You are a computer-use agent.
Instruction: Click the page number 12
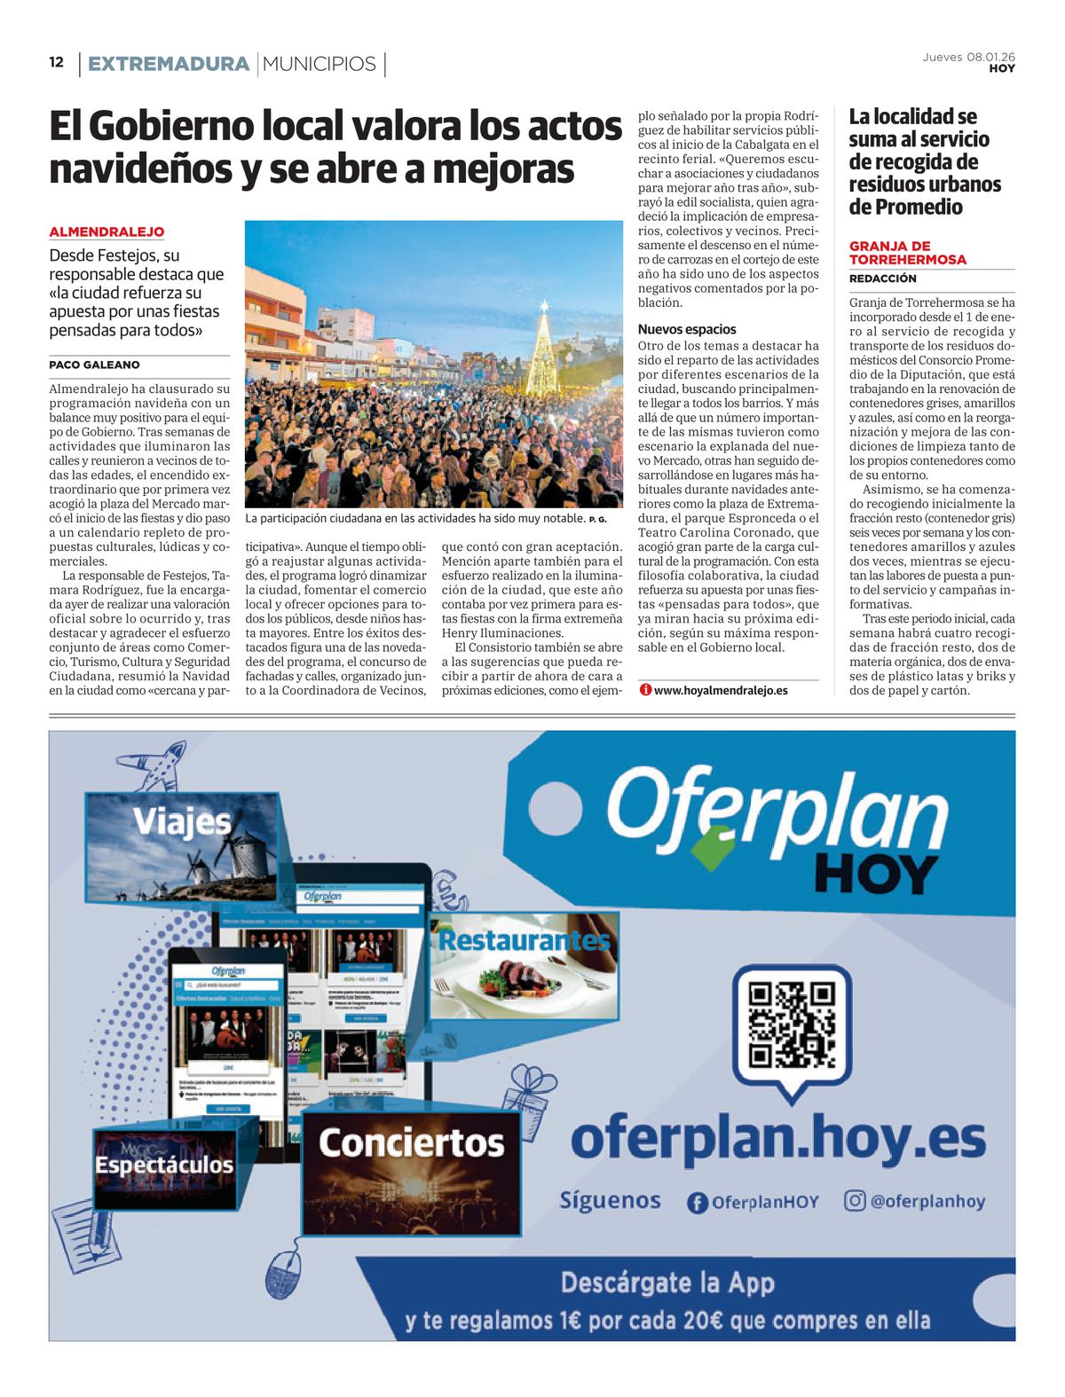[x=57, y=63]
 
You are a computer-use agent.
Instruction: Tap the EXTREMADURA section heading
[x=168, y=64]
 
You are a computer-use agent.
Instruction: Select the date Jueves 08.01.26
[x=969, y=57]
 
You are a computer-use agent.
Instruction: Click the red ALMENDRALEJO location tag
[x=106, y=232]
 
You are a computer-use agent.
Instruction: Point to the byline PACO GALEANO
[x=94, y=365]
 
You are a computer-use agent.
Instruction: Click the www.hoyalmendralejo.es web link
[x=720, y=689]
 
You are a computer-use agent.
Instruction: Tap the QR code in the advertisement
[x=792, y=1024]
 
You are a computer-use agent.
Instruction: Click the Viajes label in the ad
[x=183, y=822]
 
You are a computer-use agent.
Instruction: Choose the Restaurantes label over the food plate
[x=524, y=939]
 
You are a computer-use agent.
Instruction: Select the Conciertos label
[x=411, y=1142]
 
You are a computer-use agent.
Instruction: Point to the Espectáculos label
[x=164, y=1165]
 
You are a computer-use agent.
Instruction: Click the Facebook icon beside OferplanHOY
[x=698, y=1202]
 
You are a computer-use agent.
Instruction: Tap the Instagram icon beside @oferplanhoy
[x=855, y=1201]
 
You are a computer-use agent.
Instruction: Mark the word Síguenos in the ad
[x=611, y=1200]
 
